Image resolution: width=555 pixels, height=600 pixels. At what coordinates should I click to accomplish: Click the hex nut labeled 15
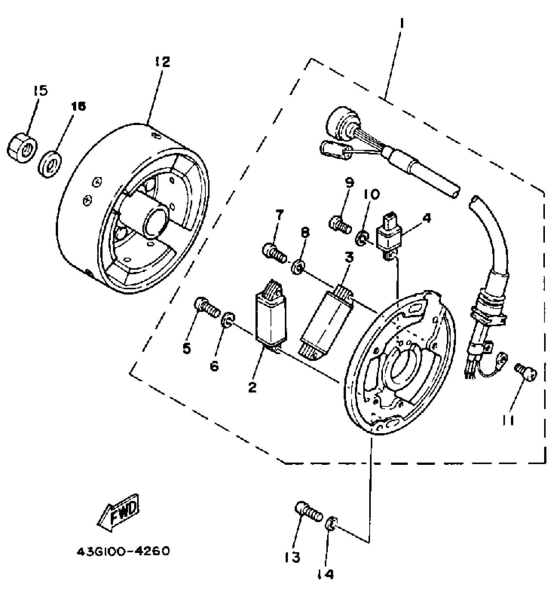(x=22, y=148)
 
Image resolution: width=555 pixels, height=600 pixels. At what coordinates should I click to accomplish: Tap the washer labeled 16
(x=50, y=164)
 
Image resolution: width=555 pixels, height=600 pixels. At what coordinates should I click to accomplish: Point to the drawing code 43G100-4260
(x=123, y=551)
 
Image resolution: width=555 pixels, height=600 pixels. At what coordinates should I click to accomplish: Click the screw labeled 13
(x=308, y=513)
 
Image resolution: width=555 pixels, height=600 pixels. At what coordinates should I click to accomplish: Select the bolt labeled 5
(x=206, y=307)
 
